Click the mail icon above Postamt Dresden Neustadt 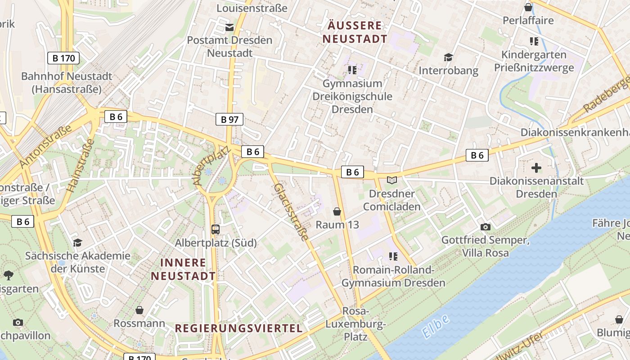click(229, 27)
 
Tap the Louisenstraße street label click(252, 8)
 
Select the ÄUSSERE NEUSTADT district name click(355, 32)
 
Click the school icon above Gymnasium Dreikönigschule click(352, 70)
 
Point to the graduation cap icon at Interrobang click(448, 57)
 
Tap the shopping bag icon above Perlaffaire click(528, 7)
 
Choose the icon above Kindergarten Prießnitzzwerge click(534, 41)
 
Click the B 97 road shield click(229, 119)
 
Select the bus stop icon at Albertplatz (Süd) click(216, 229)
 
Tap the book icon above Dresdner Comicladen click(392, 180)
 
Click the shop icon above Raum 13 click(337, 211)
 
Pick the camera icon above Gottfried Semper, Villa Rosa click(485, 226)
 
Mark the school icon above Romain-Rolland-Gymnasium click(393, 256)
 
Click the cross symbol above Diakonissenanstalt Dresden click(536, 168)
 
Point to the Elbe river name click(436, 326)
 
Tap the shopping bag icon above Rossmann click(139, 310)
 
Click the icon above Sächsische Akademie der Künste click(77, 243)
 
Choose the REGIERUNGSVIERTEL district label click(238, 328)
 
